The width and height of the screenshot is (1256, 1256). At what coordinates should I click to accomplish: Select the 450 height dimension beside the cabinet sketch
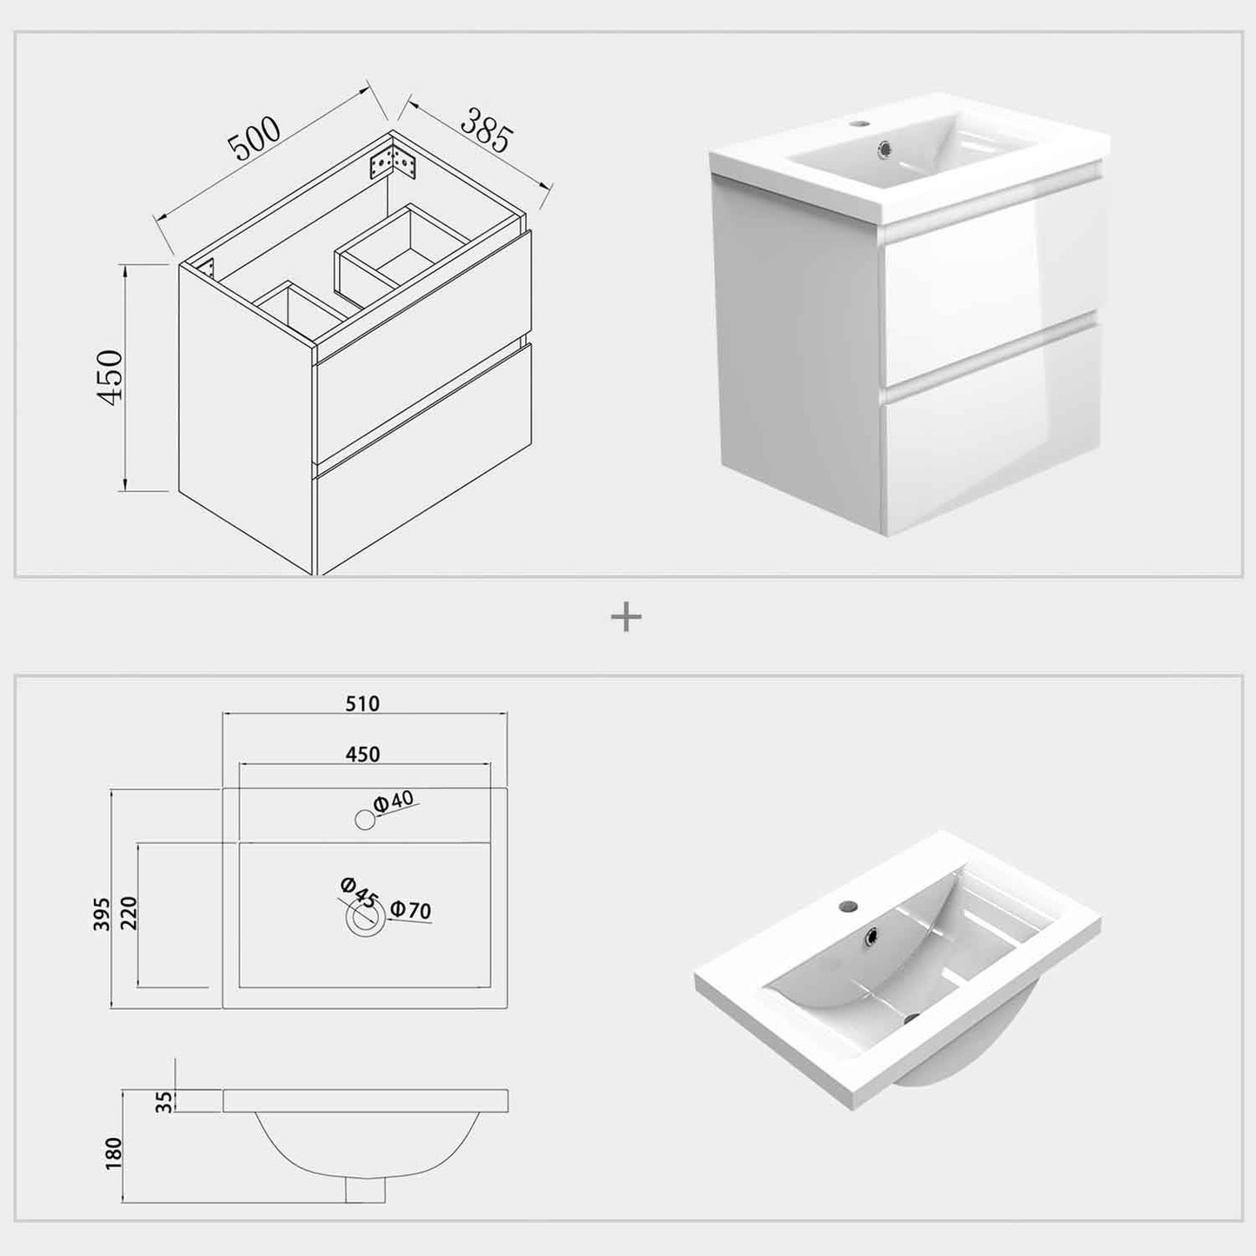pyautogui.click(x=110, y=377)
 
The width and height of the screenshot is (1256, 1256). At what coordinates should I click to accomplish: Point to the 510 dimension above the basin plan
pyautogui.click(x=362, y=704)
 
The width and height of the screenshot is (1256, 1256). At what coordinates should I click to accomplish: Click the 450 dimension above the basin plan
pyautogui.click(x=362, y=754)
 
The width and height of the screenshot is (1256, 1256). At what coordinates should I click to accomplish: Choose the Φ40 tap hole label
pyautogui.click(x=394, y=801)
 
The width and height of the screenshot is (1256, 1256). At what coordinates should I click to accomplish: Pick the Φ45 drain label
pyautogui.click(x=358, y=894)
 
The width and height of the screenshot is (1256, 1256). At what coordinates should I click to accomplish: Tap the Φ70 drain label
pyautogui.click(x=410, y=909)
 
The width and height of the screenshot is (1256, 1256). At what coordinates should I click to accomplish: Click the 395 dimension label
pyautogui.click(x=102, y=914)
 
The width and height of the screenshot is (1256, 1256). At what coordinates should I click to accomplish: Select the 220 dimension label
pyautogui.click(x=129, y=914)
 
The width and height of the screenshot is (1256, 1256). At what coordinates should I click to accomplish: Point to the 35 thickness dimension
pyautogui.click(x=165, y=1101)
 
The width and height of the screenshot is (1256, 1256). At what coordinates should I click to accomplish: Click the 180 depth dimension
pyautogui.click(x=113, y=1153)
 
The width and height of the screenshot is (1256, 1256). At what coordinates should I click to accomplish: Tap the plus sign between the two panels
pyautogui.click(x=626, y=616)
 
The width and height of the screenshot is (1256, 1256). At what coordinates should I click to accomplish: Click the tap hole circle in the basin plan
pyautogui.click(x=365, y=821)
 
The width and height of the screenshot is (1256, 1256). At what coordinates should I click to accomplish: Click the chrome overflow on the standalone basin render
pyautogui.click(x=871, y=937)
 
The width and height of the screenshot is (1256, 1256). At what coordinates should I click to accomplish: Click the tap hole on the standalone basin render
pyautogui.click(x=847, y=906)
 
